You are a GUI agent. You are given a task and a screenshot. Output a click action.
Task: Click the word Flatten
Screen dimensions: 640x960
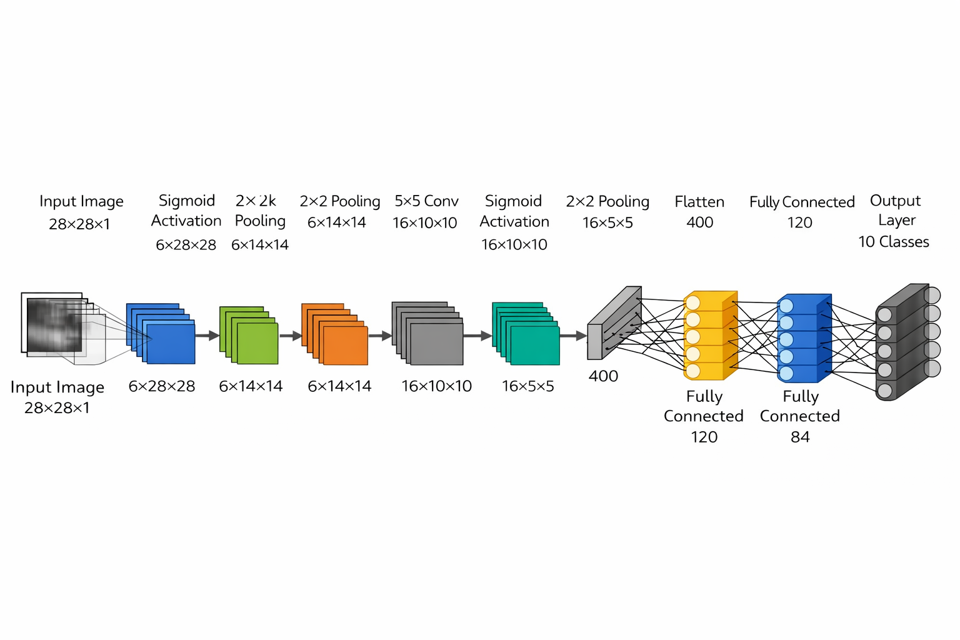(x=699, y=202)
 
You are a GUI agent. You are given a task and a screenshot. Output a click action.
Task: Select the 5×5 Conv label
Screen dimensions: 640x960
(x=426, y=201)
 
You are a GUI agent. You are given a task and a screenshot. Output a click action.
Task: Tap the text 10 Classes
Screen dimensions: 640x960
(x=893, y=242)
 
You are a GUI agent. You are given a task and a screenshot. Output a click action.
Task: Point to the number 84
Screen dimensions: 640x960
(x=800, y=437)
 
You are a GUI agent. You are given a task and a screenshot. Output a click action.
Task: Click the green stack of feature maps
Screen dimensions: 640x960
(x=249, y=336)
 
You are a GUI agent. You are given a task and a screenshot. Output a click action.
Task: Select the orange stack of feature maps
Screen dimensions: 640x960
(x=336, y=335)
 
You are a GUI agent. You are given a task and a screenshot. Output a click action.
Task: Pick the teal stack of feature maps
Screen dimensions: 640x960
(x=527, y=334)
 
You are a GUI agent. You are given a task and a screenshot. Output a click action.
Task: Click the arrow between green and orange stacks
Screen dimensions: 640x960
(x=291, y=336)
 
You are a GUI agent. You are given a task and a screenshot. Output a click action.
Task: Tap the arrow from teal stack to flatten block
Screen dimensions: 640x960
(x=573, y=336)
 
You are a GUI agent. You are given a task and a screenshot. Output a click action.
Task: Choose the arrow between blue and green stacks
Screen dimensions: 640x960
(x=207, y=336)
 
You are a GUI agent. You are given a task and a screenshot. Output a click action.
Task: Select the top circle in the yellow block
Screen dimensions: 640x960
(x=692, y=303)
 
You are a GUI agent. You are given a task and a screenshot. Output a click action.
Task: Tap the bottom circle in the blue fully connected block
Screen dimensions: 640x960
(x=786, y=374)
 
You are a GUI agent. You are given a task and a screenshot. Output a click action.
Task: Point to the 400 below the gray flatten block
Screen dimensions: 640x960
(x=603, y=376)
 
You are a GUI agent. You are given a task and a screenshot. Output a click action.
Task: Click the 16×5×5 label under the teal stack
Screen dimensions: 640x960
(x=527, y=386)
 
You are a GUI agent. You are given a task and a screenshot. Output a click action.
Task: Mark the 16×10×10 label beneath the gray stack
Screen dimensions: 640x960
(x=436, y=386)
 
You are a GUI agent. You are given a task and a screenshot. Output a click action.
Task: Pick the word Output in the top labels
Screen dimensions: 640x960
(x=895, y=201)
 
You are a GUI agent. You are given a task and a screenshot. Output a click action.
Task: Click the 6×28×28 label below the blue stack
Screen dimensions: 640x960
(x=162, y=386)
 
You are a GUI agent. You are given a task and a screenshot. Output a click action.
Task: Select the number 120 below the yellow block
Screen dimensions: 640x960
(x=704, y=437)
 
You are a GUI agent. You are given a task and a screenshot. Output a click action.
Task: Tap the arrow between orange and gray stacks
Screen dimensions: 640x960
(x=379, y=336)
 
